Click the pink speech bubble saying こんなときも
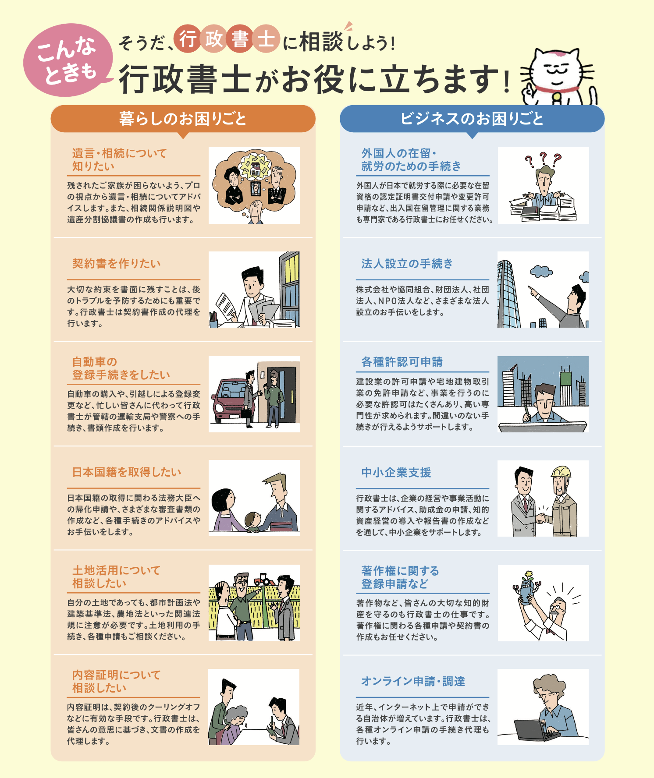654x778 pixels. [x=68, y=60]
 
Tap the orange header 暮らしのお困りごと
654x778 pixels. [x=183, y=119]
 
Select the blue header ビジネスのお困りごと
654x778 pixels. [x=472, y=119]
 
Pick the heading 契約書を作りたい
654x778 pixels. [x=117, y=264]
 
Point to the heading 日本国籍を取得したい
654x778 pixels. [x=127, y=472]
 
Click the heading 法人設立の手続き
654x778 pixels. [x=407, y=264]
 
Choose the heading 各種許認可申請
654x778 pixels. [x=402, y=362]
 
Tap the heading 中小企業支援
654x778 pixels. [x=396, y=473]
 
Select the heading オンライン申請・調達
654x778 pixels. [x=413, y=681]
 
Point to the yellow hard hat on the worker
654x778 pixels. [x=561, y=472]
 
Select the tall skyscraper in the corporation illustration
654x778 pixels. [x=508, y=294]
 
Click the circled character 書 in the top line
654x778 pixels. [x=240, y=39]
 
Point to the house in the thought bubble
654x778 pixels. [x=255, y=166]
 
